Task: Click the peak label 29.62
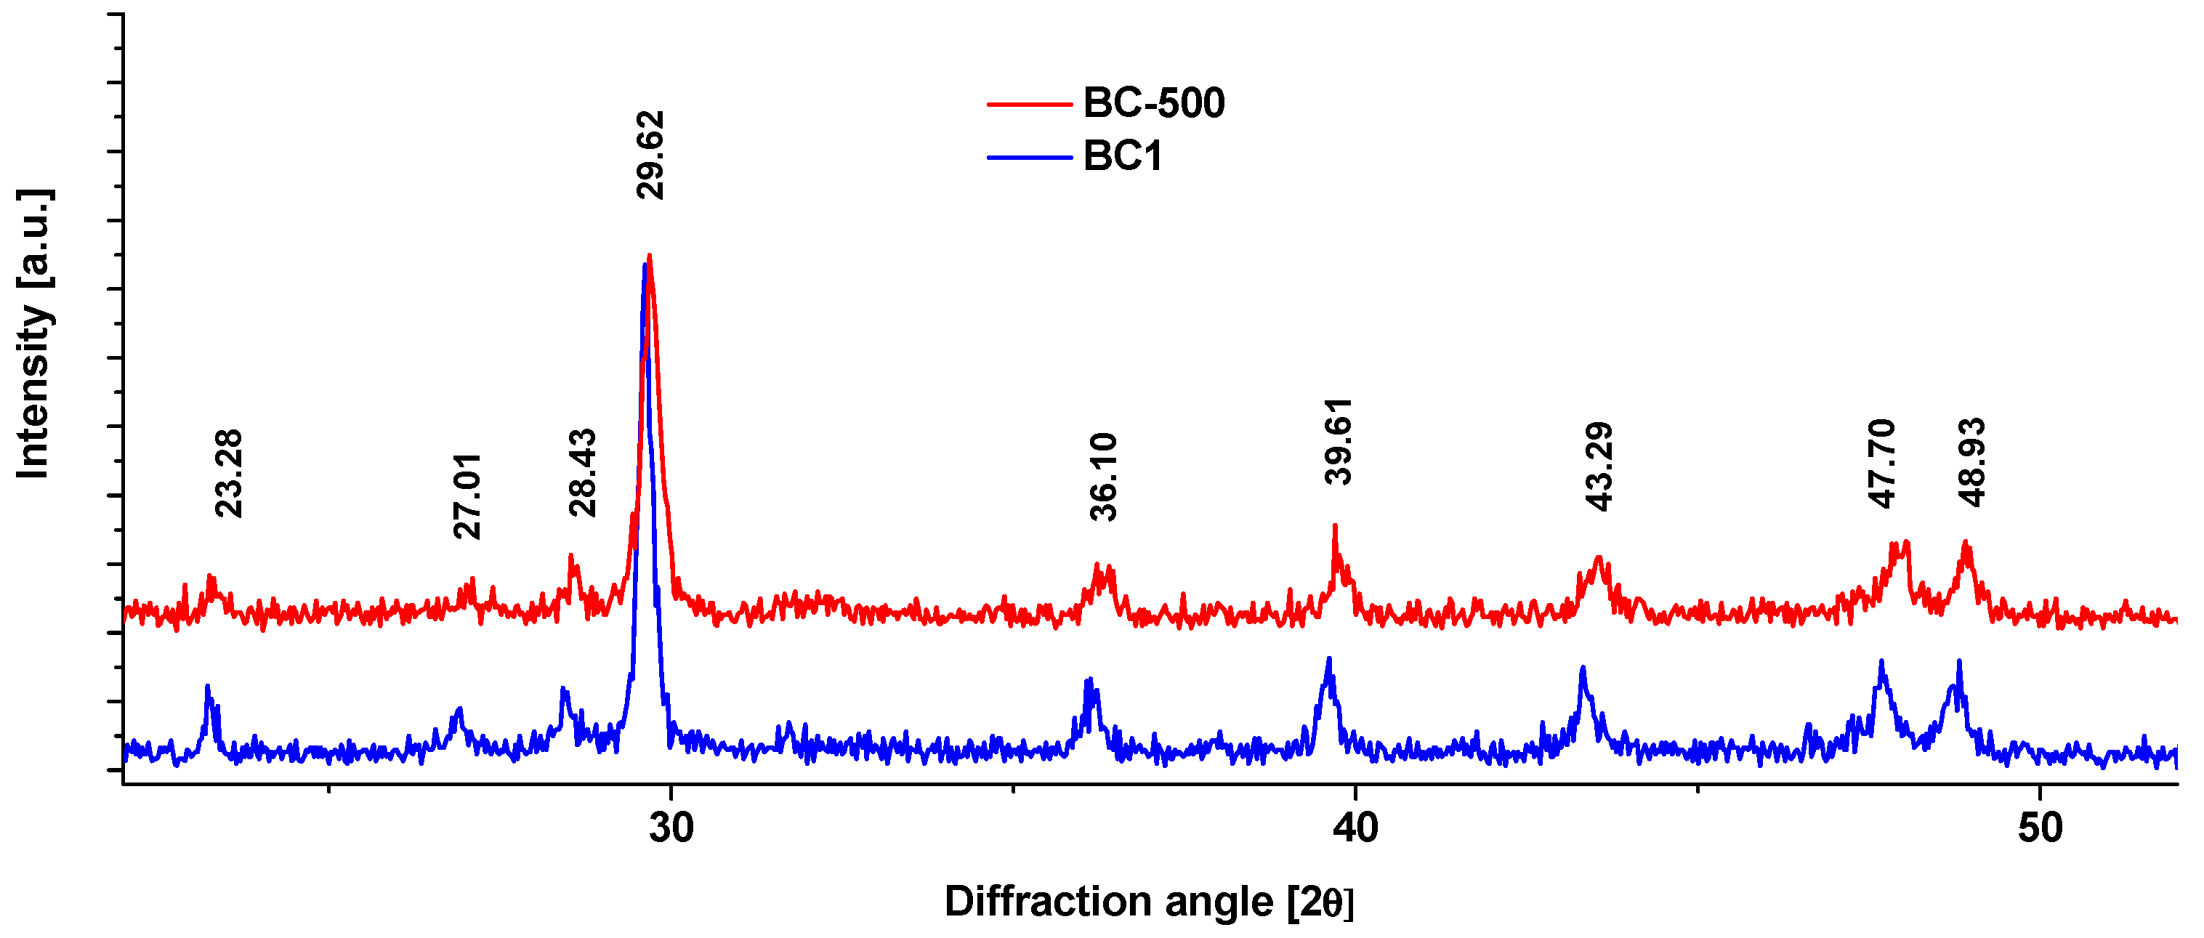[x=650, y=155]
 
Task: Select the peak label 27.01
[x=467, y=496]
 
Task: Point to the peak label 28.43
[x=583, y=472]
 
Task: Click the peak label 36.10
[x=1104, y=477]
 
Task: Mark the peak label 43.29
[x=1599, y=466]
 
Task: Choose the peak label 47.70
[x=1882, y=463]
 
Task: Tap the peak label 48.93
[x=1971, y=462]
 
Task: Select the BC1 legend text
[x=1123, y=157]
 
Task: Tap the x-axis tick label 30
[x=671, y=828]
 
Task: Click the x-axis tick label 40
[x=1356, y=828]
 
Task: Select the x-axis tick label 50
[x=2040, y=828]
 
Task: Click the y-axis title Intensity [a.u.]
[x=34, y=333]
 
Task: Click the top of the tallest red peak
[x=650, y=256]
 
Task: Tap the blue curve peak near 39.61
[x=1329, y=659]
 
